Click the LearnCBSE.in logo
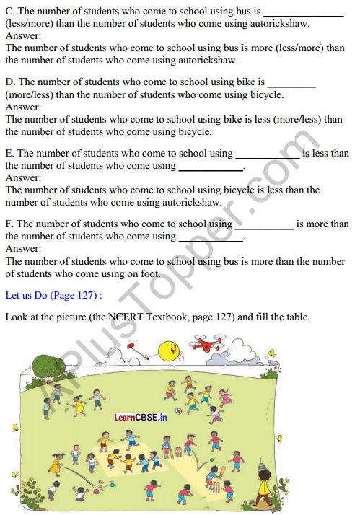(141, 417)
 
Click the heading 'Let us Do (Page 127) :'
(53, 295)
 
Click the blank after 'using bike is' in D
(291, 84)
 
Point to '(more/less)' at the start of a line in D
(29, 94)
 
